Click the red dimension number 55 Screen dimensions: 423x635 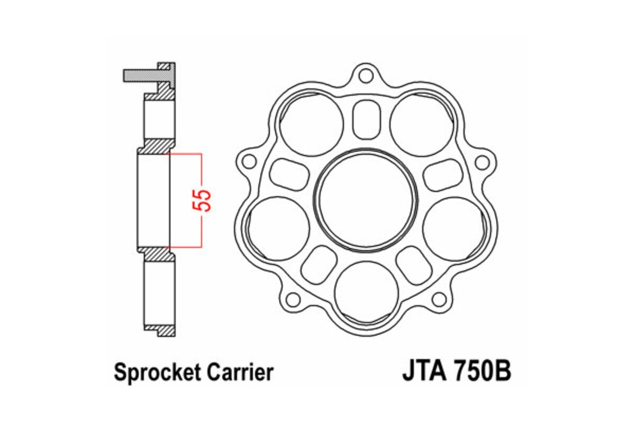pyautogui.click(x=205, y=200)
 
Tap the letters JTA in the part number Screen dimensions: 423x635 pyautogui.click(x=423, y=371)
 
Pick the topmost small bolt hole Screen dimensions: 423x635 pyautogui.click(x=365, y=75)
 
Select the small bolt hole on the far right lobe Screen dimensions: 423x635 pyautogui.click(x=482, y=162)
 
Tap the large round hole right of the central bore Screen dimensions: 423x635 pyautogui.click(x=451, y=228)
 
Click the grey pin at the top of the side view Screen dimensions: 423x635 pyautogui.click(x=141, y=76)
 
